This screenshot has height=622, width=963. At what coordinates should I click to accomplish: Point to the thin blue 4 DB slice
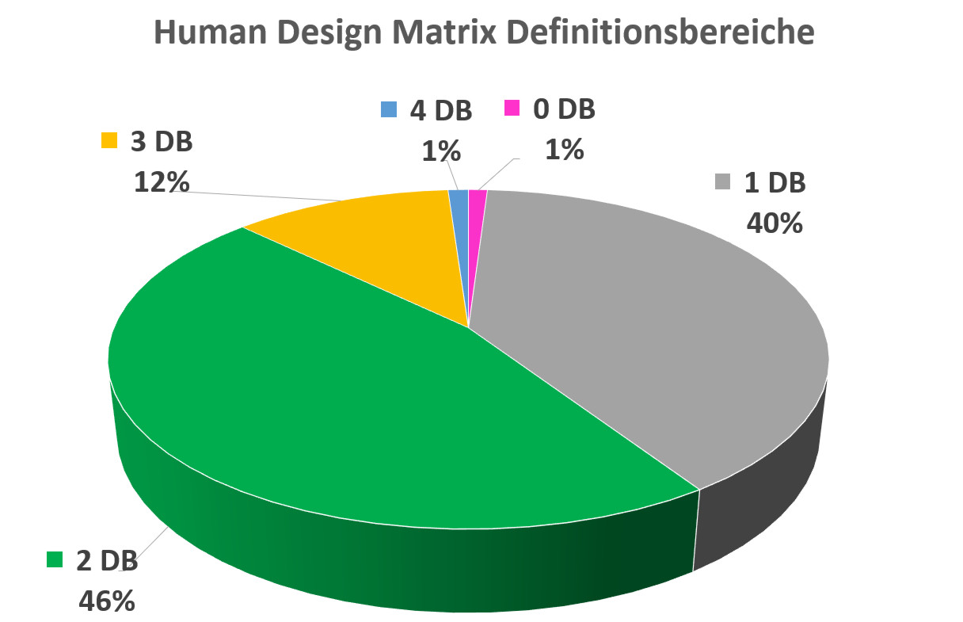click(459, 198)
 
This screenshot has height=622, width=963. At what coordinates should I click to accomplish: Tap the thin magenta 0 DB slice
click(477, 198)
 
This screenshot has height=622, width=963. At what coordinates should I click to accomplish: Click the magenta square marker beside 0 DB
click(513, 109)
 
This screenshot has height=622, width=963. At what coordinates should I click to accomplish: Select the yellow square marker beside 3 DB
click(108, 143)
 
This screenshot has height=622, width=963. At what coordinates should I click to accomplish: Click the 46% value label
click(106, 600)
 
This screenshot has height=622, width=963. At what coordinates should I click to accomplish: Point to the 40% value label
click(775, 223)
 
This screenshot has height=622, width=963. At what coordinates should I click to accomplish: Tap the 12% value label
click(162, 181)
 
